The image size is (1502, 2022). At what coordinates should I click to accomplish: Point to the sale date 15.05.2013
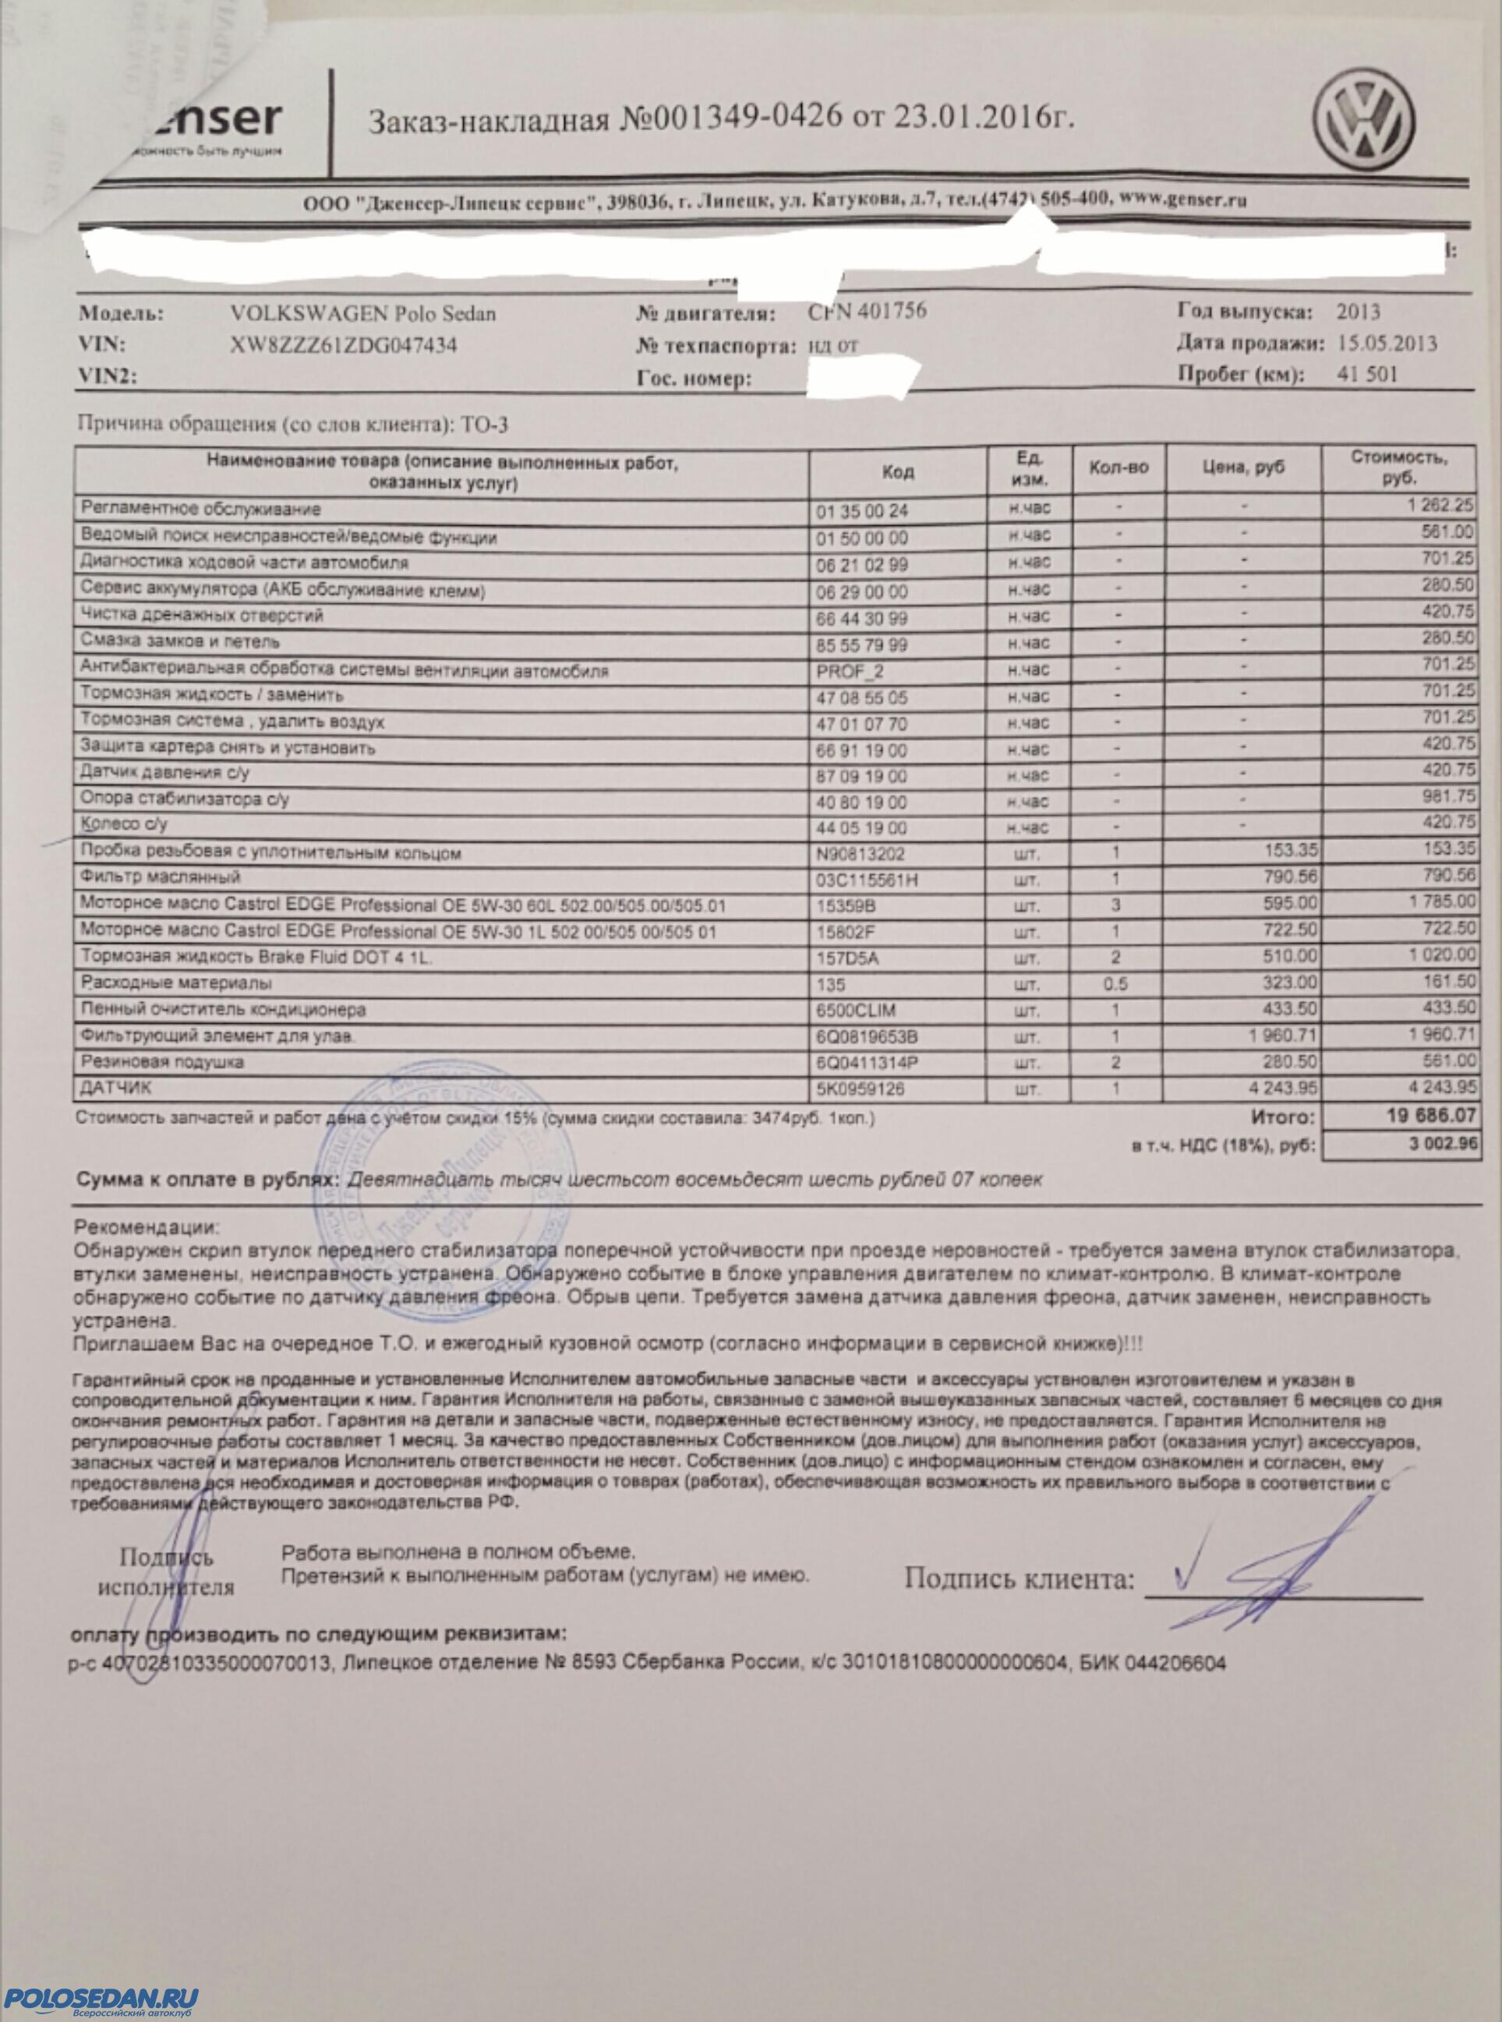[x=1388, y=343]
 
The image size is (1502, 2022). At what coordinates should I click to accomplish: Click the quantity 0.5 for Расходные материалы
[x=1116, y=983]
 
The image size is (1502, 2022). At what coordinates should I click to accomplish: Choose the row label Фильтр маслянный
[x=161, y=878]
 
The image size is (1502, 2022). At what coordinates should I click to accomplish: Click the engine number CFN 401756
[x=868, y=311]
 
